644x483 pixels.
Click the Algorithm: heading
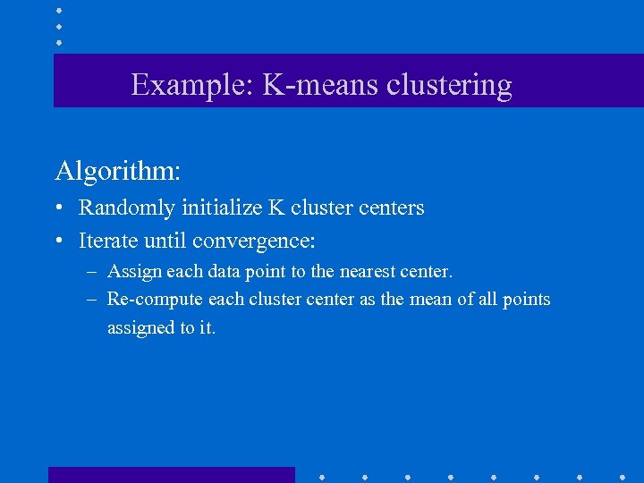[x=117, y=170]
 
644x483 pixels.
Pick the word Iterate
[x=107, y=241]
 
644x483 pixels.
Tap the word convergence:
[x=254, y=241]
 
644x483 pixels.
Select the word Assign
[x=131, y=271]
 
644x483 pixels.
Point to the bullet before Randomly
[x=59, y=208]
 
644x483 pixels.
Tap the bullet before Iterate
[x=59, y=241]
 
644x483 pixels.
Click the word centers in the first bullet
[x=391, y=208]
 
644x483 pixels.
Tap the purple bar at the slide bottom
[x=171, y=475]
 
